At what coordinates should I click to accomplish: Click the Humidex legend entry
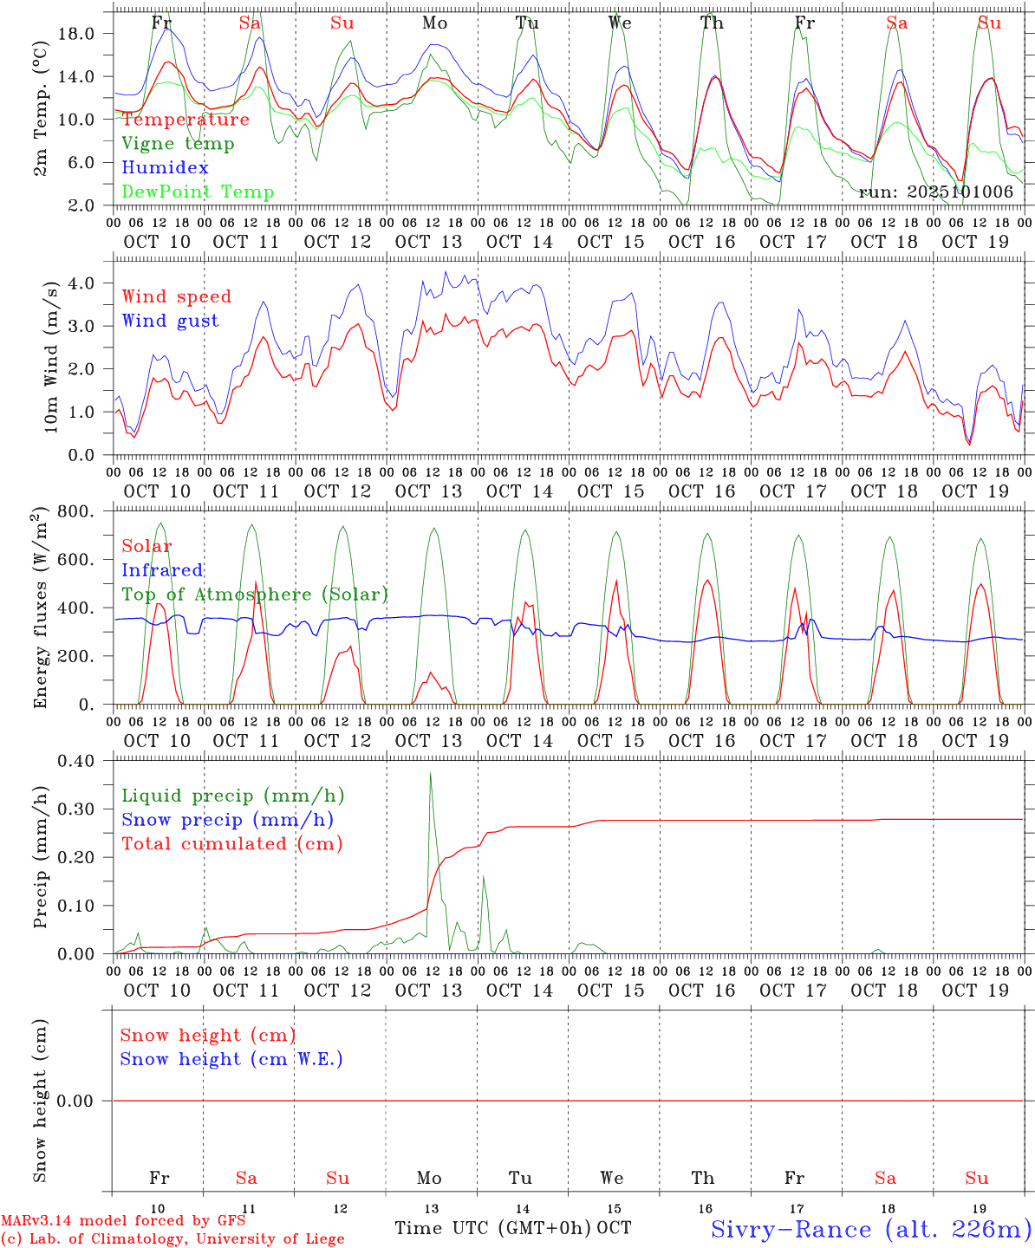pyautogui.click(x=166, y=168)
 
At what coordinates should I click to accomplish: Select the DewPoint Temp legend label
pyautogui.click(x=198, y=192)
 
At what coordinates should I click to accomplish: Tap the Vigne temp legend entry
pyautogui.click(x=178, y=144)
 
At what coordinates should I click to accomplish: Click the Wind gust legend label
pyautogui.click(x=170, y=321)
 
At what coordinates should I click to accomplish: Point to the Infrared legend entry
pyautogui.click(x=162, y=570)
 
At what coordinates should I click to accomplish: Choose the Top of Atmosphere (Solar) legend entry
pyautogui.click(x=255, y=595)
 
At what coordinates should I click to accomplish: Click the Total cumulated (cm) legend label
pyautogui.click(x=231, y=844)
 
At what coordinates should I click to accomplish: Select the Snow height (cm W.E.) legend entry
pyautogui.click(x=231, y=1059)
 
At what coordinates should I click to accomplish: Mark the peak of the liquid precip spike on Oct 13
pyautogui.click(x=430, y=773)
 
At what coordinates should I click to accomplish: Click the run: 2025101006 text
pyautogui.click(x=936, y=192)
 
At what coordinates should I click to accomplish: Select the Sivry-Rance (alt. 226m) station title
pyautogui.click(x=871, y=1229)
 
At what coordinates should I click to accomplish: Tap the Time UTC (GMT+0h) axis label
pyautogui.click(x=493, y=1228)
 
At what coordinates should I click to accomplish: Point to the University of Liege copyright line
pyautogui.click(x=172, y=1239)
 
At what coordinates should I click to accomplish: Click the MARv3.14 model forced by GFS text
pyautogui.click(x=123, y=1220)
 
